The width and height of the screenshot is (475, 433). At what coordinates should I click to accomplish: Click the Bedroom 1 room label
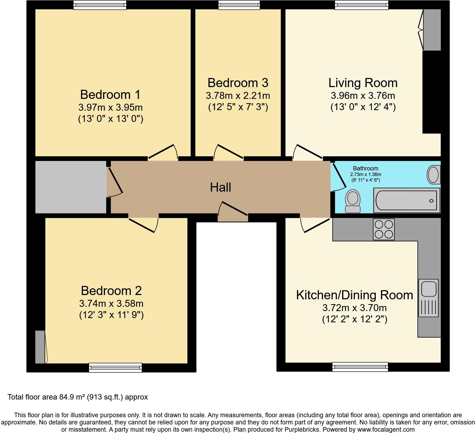[x=110, y=95]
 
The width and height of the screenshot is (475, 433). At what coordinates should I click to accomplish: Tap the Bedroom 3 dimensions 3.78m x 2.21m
[x=238, y=96]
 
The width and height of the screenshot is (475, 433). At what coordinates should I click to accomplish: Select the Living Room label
[x=363, y=83]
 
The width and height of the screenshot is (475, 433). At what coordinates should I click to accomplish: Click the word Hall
[x=220, y=187]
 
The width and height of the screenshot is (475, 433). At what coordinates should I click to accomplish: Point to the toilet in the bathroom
[x=353, y=201]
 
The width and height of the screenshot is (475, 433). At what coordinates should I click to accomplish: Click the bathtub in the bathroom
[x=407, y=201]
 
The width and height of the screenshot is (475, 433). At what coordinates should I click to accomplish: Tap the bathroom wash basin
[x=433, y=175]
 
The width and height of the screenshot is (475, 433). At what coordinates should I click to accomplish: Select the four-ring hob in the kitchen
[x=384, y=229]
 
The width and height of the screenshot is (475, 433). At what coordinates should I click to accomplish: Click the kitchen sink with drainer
[x=428, y=298]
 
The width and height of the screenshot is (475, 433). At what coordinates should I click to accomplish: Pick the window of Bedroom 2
[x=115, y=368]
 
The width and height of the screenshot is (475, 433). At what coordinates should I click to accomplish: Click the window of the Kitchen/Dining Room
[x=360, y=367]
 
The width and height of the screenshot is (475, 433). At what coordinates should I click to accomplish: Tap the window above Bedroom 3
[x=239, y=5]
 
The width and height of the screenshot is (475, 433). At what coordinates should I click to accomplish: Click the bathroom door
[x=338, y=177]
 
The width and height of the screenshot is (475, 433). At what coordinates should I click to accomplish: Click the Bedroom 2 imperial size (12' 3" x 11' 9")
[x=111, y=315]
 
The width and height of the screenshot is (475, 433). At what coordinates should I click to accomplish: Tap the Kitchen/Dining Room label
[x=354, y=295]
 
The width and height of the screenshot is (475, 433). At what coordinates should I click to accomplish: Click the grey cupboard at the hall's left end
[x=71, y=187]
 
